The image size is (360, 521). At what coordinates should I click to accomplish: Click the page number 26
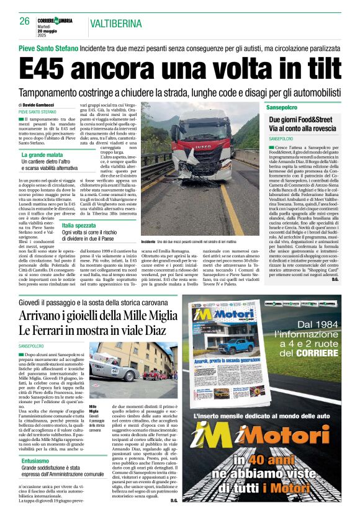(25, 21)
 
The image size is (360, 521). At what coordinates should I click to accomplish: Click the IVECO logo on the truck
(204, 149)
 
